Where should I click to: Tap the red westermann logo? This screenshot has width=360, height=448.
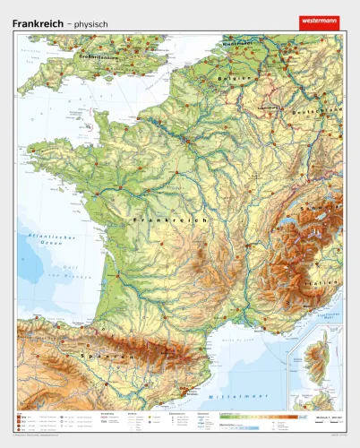[320, 22]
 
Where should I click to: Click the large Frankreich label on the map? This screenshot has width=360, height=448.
[169, 219]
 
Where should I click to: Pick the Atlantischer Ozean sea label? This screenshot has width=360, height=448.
[46, 239]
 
